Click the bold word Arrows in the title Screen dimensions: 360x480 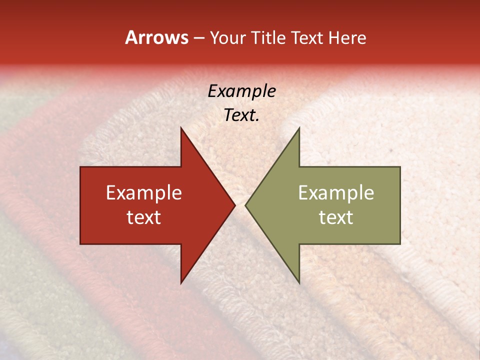click(x=156, y=37)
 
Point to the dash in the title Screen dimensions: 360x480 click(x=198, y=38)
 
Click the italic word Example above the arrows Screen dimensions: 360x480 click(x=242, y=91)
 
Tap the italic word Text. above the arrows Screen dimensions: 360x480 click(x=242, y=115)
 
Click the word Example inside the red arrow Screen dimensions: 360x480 click(x=144, y=193)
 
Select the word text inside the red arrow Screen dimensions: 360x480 click(x=144, y=217)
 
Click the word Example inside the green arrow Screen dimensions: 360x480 click(x=336, y=193)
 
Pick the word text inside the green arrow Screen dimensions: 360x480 click(x=336, y=217)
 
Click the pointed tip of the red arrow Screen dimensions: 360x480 click(x=235, y=205)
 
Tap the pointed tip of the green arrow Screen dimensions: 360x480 click(x=245, y=205)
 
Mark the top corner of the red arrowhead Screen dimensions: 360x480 click(x=181, y=127)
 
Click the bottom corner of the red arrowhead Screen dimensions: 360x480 click(x=181, y=283)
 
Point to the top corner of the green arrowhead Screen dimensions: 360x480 click(x=299, y=127)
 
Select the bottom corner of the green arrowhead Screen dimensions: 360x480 click(x=299, y=283)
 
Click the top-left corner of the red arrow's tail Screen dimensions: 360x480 click(x=80, y=167)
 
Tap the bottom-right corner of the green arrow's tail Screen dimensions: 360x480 click(x=400, y=244)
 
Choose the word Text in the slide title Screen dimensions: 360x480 click(x=308, y=37)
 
